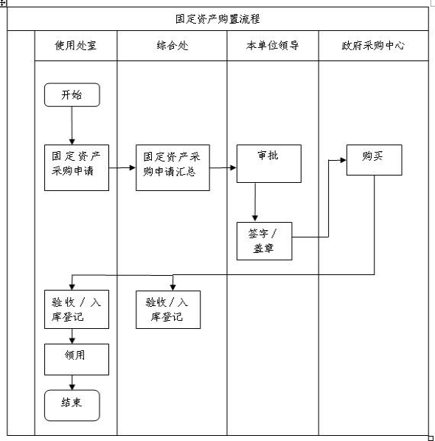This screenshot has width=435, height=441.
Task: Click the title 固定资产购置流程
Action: (217, 19)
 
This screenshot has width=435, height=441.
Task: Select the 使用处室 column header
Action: (76, 45)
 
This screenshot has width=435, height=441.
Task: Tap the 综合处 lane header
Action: (172, 45)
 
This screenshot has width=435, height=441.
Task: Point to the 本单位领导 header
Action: (273, 45)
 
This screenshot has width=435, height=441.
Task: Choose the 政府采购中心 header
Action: (373, 45)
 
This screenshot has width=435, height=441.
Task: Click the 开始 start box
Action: (72, 95)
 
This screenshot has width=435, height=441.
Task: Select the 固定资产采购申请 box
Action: (77, 167)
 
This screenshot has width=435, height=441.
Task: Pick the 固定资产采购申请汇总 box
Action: (173, 167)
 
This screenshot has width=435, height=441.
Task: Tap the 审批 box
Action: (269, 164)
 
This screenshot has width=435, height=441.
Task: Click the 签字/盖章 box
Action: (265, 241)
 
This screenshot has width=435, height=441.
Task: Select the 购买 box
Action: (375, 160)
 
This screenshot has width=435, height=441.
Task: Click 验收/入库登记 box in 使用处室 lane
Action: (77, 310)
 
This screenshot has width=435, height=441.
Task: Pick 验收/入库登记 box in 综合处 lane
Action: (168, 310)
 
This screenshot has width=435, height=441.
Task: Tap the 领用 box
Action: (77, 359)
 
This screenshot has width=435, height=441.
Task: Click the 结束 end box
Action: (72, 406)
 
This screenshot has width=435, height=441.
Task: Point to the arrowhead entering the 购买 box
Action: (344, 160)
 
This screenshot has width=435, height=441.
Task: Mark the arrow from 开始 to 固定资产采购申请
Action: (72, 125)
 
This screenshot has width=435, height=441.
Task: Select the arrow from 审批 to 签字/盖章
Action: (255, 202)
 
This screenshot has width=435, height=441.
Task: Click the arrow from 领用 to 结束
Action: (72, 383)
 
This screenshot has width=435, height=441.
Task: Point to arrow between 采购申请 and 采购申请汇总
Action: (122, 167)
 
